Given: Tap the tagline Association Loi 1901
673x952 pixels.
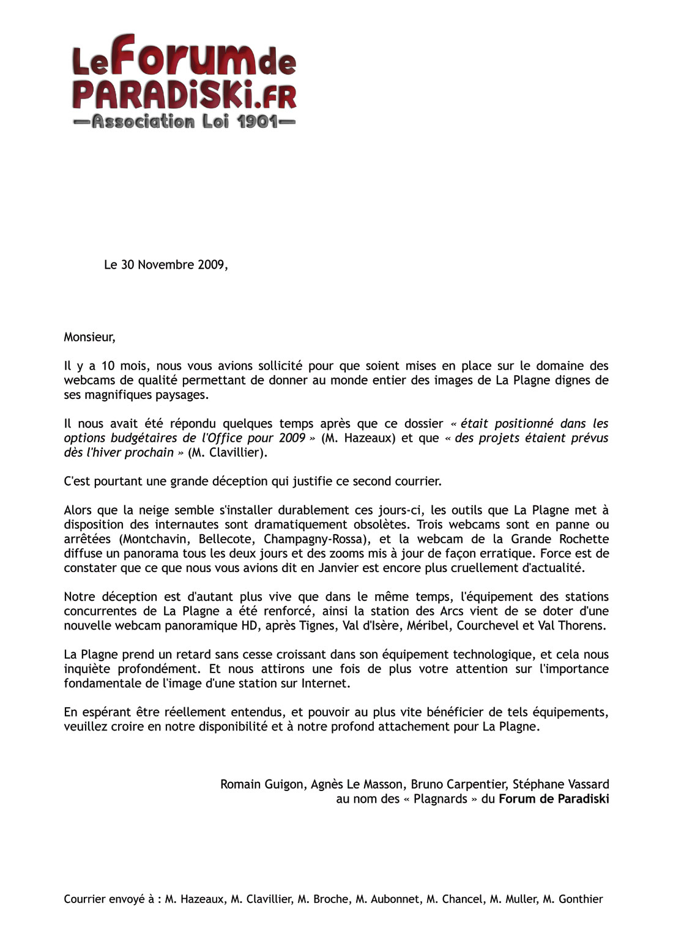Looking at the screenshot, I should (184, 121).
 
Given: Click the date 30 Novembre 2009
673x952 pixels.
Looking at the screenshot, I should (173, 265).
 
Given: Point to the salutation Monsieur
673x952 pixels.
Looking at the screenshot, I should (89, 337).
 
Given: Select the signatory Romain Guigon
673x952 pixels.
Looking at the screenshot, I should (262, 784).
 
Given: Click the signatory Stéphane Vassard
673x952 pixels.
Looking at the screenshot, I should (561, 784).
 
